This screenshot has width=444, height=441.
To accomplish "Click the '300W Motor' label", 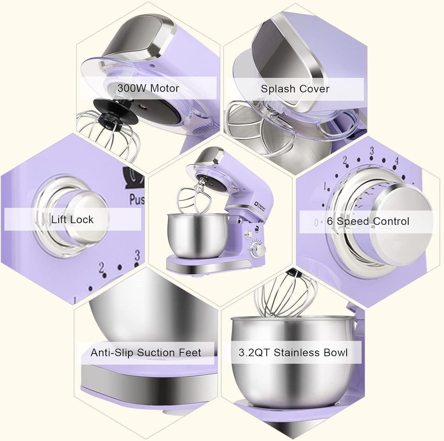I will tap(148, 88).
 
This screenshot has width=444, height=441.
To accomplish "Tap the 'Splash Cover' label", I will tap(295, 89).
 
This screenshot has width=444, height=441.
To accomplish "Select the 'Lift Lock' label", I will tap(72, 220).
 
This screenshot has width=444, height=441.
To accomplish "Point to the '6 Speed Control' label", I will tap(368, 221).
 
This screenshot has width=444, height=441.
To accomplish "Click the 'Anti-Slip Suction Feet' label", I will tap(146, 353).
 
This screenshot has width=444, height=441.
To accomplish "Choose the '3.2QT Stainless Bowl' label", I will tap(293, 353).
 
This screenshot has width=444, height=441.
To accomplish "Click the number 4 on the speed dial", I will tap(397, 161).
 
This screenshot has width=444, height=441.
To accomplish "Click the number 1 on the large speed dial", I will tap(325, 186).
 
